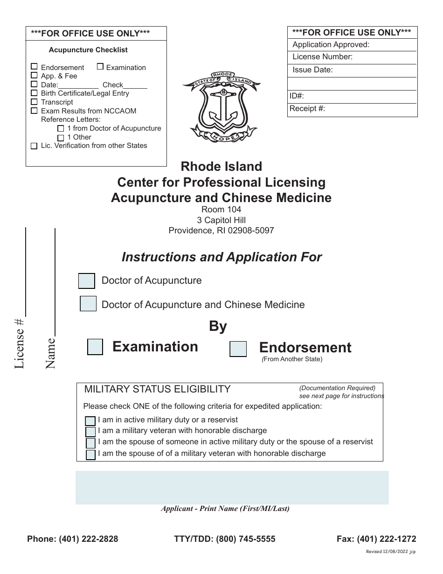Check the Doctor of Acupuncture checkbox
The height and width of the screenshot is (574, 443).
pos(87,281)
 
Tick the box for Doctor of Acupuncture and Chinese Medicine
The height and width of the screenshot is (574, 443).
pos(88,304)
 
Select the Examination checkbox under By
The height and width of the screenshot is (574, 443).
pos(95,347)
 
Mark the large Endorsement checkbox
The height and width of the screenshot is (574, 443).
pos(238,349)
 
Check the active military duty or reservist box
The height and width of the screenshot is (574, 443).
pos(90,421)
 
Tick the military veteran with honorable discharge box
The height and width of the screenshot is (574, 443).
pos(90,432)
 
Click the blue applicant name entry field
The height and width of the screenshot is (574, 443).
pos(232,488)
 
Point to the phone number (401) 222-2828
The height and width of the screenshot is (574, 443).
pos(88,539)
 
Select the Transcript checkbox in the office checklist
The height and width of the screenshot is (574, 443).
pos(34,102)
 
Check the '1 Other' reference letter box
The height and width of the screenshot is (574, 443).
pos(61,138)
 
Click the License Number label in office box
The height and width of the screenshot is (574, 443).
pos(322,57)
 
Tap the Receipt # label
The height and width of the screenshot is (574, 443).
pos(307,109)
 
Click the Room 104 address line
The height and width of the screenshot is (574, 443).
pos(221,210)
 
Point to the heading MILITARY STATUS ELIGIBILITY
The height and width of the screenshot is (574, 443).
pos(157,389)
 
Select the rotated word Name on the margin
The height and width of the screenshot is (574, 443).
pos(50,353)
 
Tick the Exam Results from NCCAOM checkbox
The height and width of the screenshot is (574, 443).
pos(34,111)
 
